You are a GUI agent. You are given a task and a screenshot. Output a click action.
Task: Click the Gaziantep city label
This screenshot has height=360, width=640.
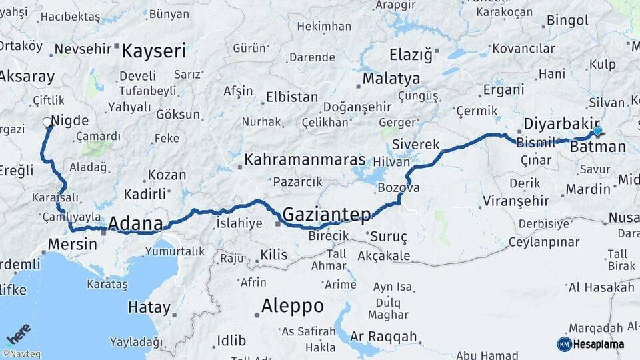click(327, 214)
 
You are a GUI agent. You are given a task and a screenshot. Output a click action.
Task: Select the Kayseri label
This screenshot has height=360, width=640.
click(154, 51)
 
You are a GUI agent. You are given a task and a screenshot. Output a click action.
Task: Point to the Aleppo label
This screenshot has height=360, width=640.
click(293, 306)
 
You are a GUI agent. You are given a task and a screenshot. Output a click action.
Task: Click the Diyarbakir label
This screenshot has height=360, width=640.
click(558, 124)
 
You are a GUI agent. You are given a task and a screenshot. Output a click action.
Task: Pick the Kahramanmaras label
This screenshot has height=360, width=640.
click(305, 160)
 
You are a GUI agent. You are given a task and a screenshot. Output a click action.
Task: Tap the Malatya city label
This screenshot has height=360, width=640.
click(391, 79)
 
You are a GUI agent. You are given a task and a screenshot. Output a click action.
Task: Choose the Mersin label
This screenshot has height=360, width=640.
click(70, 245)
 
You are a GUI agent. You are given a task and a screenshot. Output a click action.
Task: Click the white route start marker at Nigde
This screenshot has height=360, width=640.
click(47, 122)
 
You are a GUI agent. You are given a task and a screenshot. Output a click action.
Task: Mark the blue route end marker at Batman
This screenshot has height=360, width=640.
click(597, 132)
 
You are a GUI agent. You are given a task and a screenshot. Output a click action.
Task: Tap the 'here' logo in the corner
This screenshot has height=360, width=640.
click(18, 333)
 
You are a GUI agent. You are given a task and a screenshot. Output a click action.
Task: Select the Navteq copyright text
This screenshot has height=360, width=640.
click(21, 354)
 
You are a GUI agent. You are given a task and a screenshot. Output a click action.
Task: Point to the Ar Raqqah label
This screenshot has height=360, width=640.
click(383, 336)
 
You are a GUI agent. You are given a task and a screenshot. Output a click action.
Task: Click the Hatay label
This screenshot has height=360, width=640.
click(149, 307)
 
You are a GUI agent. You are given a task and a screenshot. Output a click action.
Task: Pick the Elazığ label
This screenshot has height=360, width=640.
click(411, 54)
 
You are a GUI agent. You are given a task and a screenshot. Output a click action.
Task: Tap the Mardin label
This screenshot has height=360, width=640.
click(588, 189)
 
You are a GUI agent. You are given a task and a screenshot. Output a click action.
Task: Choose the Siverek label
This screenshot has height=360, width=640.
click(416, 144)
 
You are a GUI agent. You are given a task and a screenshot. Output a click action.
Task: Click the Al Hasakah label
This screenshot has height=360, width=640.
click(601, 287)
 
